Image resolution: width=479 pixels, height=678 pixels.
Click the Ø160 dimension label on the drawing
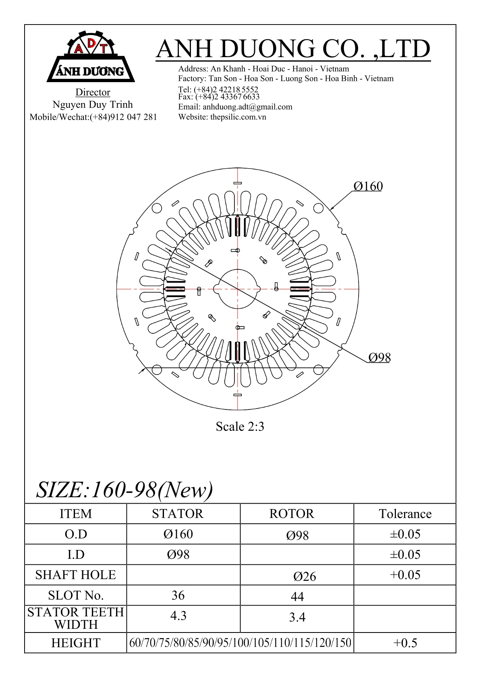click(368, 186)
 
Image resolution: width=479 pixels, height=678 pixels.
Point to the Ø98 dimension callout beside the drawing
click(379, 358)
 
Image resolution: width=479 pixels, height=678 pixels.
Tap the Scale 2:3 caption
click(240, 426)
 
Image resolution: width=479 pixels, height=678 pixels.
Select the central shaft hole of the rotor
click(238, 289)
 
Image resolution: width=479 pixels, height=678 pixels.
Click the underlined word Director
click(93, 92)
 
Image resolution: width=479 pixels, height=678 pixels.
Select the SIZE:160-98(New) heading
click(124, 490)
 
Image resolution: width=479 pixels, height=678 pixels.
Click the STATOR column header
click(178, 514)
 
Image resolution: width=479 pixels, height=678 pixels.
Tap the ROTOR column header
click(291, 514)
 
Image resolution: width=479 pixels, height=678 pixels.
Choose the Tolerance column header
click(405, 514)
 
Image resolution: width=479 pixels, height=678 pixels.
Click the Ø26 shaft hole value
click(305, 577)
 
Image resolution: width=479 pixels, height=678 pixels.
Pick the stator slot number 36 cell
click(178, 595)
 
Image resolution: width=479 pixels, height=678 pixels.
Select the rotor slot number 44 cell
click(297, 596)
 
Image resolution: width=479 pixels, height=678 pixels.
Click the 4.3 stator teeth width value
click(178, 616)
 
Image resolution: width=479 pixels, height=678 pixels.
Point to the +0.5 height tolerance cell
click(405, 643)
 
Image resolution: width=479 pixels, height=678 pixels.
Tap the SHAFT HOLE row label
click(76, 575)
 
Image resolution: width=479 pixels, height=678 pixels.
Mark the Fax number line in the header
click(219, 97)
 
